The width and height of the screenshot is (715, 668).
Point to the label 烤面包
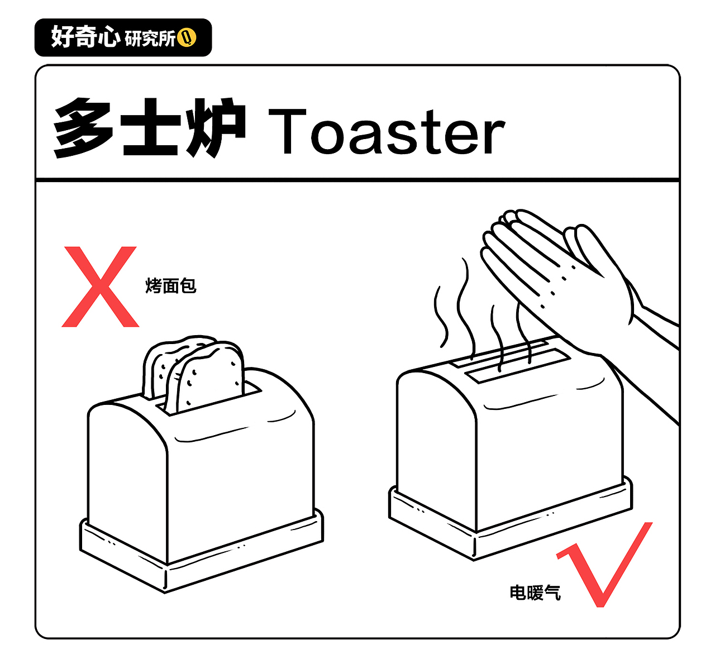tap(171, 285)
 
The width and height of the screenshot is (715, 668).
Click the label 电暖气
tap(535, 592)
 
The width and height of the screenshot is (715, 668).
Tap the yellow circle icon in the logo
tap(188, 38)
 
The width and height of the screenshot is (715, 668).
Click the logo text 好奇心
tap(85, 37)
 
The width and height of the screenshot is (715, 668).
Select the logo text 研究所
tap(150, 39)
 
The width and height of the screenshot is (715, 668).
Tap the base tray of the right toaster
tap(503, 531)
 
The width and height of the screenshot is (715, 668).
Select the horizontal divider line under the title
tap(357, 179)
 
